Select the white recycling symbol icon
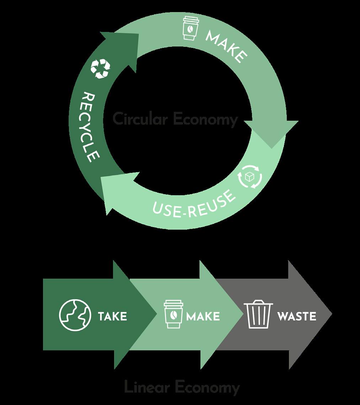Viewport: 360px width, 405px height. click(101, 69)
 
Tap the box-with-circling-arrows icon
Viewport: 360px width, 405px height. click(251, 176)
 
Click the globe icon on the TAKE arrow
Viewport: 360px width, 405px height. click(73, 316)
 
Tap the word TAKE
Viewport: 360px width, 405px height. click(112, 316)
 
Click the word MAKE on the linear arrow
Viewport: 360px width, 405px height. click(203, 316)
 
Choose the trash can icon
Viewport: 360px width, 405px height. click(260, 315)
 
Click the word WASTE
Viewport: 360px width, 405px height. click(297, 316)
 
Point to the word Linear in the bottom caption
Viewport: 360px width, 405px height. click(146, 387)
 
